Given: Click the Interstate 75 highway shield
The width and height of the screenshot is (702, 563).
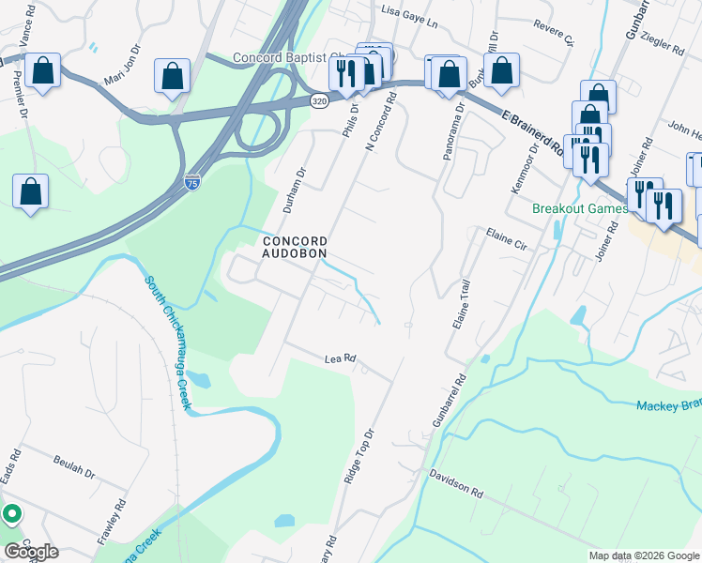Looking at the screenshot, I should pos(191,179).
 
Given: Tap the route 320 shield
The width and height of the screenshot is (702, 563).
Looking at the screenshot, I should pos(319,100).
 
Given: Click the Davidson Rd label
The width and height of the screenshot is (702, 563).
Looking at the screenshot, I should pos(456,484).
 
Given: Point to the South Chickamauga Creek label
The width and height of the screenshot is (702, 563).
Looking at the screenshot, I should pos(169,342).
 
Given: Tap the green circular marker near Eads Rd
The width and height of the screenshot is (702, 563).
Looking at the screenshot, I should pos(11,513).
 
